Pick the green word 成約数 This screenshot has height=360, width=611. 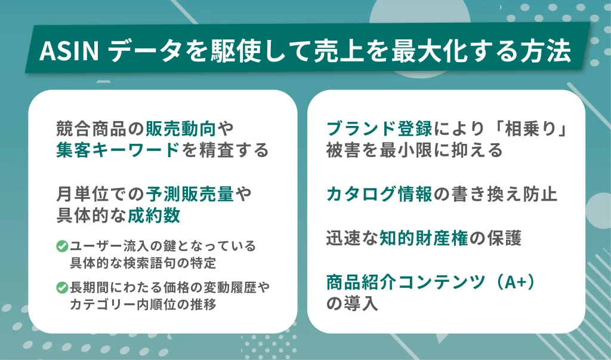[154, 216]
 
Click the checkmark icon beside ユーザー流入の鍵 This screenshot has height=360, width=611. [61, 246]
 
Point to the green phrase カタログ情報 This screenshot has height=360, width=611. [379, 195]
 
